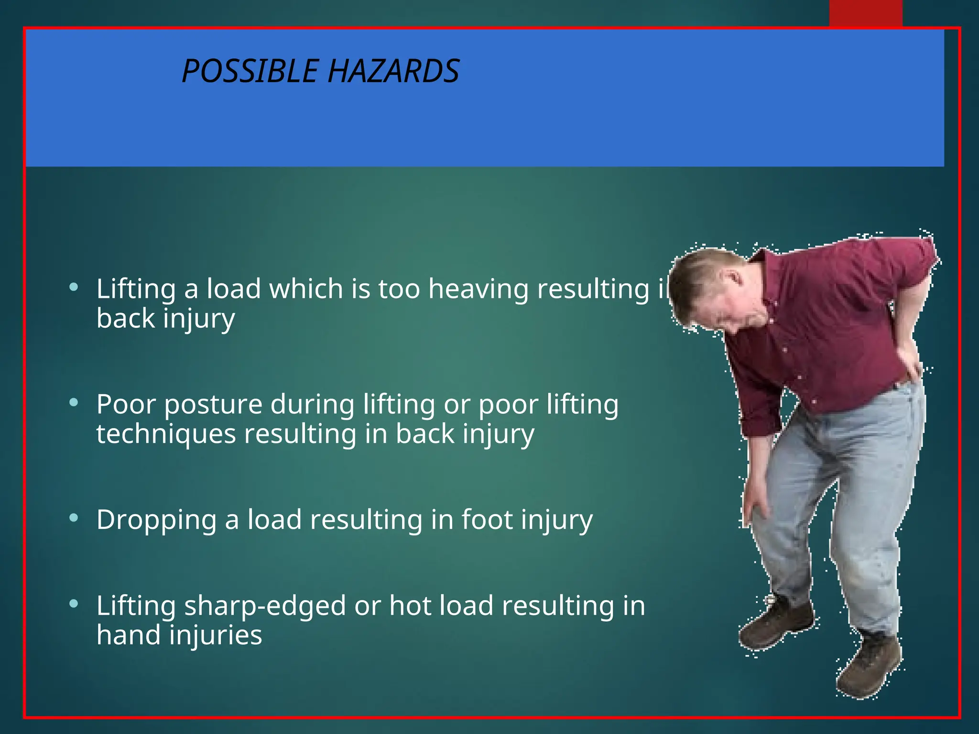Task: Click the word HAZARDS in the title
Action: pos(393,72)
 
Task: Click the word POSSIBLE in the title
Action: pos(250,72)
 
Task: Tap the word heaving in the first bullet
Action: pos(479,289)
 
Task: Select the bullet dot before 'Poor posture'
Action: pos(74,403)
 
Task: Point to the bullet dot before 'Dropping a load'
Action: pos(74,518)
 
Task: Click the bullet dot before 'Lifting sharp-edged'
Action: pos(74,604)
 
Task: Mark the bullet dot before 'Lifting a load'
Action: pos(74,287)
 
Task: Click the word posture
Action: pos(213,405)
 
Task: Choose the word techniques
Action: pos(166,434)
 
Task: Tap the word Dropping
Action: pos(156,520)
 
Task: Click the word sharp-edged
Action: pos(265,606)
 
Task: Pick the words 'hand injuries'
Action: pos(179,636)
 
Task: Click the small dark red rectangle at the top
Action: pos(866,13)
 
